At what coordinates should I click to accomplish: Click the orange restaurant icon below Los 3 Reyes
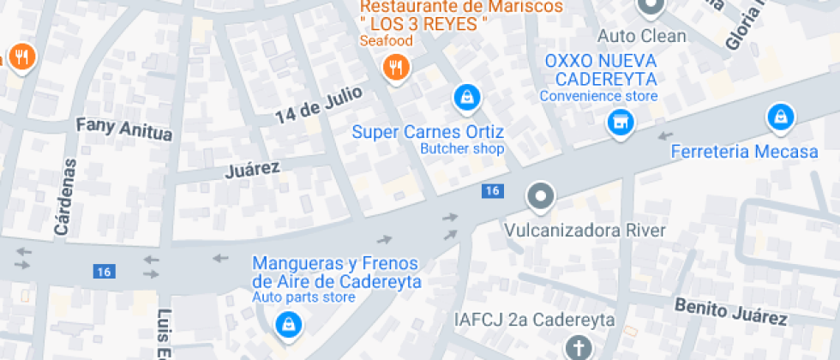[395, 67]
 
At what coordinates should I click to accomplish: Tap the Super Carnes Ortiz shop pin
[465, 98]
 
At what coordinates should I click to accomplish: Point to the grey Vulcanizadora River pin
[540, 197]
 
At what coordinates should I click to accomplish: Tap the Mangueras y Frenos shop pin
[286, 324]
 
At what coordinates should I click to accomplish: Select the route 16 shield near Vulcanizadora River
[491, 190]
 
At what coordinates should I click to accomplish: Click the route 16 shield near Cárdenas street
[104, 272]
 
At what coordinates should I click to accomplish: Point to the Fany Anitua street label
[124, 129]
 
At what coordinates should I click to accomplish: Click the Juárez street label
[252, 168]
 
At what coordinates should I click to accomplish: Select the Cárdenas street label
[63, 196]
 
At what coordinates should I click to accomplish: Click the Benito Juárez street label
[730, 310]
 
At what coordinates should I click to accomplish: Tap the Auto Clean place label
[641, 36]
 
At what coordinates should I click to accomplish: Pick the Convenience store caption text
[598, 96]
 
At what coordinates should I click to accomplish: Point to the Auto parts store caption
[303, 297]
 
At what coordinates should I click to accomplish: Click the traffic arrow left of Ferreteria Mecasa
[665, 135]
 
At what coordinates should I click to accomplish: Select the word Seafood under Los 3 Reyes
[386, 40]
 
